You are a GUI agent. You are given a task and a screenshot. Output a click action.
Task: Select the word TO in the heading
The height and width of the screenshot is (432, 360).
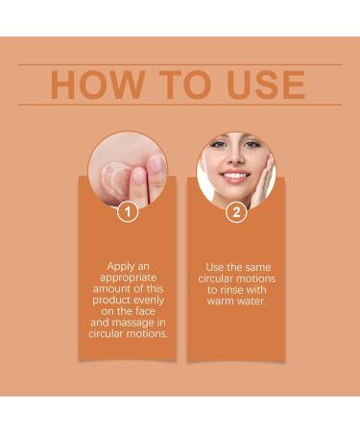point(176,84)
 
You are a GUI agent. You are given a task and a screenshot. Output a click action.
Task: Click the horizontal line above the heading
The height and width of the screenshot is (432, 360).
point(180,64)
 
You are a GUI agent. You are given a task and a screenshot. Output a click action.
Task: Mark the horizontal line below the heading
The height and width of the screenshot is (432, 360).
point(180,105)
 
